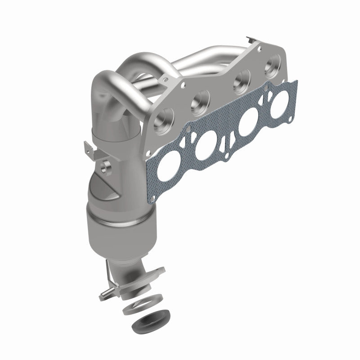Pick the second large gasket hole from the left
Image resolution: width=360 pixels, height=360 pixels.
point(206,148)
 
